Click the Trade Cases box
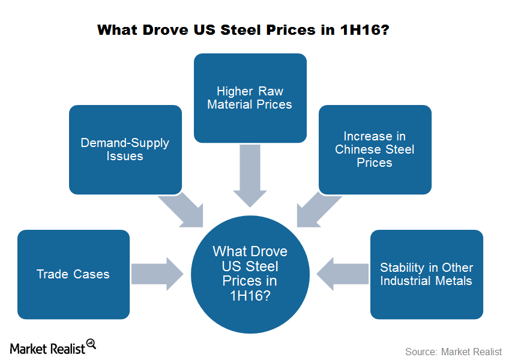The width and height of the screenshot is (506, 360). pyautogui.click(x=74, y=275)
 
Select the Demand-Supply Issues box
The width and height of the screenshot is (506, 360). pyautogui.click(x=125, y=149)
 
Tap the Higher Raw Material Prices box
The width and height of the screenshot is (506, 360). pyautogui.click(x=250, y=98)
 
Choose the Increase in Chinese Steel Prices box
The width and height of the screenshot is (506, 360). pyautogui.click(x=375, y=149)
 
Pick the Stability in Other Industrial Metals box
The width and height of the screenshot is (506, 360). pyautogui.click(x=427, y=275)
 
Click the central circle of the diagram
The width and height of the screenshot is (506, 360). pyautogui.click(x=250, y=275)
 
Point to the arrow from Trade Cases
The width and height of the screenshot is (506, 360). pyautogui.click(x=157, y=274)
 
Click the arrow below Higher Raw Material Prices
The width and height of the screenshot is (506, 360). pyautogui.click(x=250, y=176)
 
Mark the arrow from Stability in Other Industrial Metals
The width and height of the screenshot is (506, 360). pyautogui.click(x=342, y=274)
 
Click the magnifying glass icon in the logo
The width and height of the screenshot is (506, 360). pyautogui.click(x=91, y=344)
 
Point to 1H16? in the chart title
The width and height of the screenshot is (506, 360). pyautogui.click(x=365, y=30)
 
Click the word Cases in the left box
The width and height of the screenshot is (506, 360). pyautogui.click(x=91, y=274)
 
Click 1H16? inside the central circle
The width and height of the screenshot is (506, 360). pyautogui.click(x=250, y=295)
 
